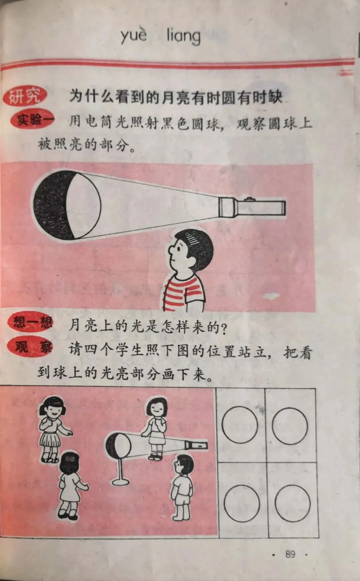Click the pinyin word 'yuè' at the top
pyautogui.click(x=134, y=35)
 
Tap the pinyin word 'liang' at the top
pyautogui.click(x=184, y=36)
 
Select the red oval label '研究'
pyautogui.click(x=25, y=97)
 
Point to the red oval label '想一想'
pyautogui.click(x=31, y=322)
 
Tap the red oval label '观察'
pyautogui.click(x=31, y=347)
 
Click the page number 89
pyautogui.click(x=290, y=554)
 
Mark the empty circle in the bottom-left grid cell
pyautogui.click(x=242, y=503)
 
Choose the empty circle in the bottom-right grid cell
pyautogui.click(x=292, y=503)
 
